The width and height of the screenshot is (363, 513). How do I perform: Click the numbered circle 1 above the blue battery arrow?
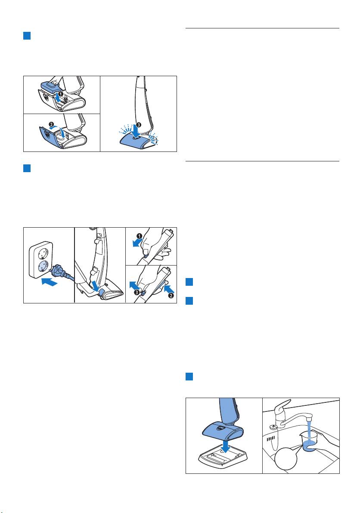[x=60, y=94]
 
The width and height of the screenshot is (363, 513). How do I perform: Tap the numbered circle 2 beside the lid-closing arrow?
[x=51, y=124]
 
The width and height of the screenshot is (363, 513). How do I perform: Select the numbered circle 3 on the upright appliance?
[x=139, y=125]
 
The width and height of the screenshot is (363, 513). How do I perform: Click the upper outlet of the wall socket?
[x=43, y=251]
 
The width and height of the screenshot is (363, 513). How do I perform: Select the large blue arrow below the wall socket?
[x=50, y=281]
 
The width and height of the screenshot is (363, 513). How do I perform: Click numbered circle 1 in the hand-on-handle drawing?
[x=140, y=236]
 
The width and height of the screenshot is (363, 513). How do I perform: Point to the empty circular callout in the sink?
[x=286, y=459]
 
